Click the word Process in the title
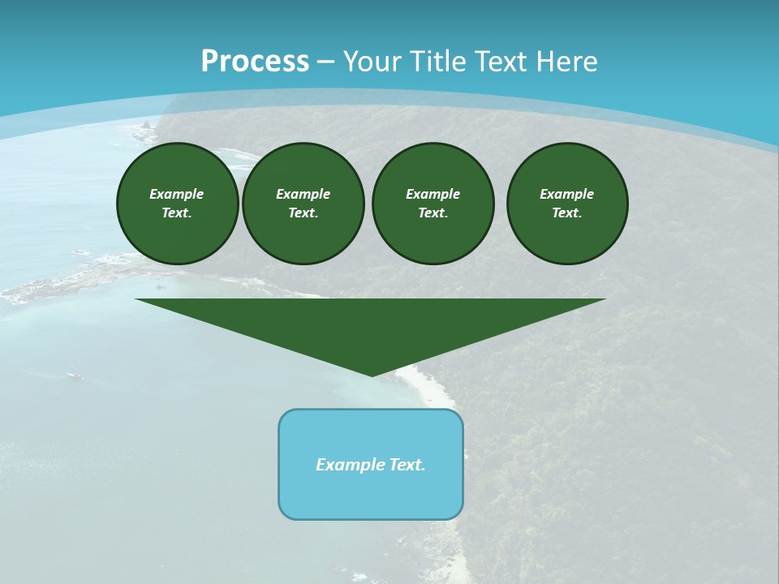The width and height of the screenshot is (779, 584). pos(255,62)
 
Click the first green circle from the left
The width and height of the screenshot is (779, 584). pos(178,204)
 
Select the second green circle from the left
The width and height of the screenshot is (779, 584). pos(303,204)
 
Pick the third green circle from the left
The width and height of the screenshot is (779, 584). pos(433,204)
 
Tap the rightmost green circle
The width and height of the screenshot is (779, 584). pos(567,204)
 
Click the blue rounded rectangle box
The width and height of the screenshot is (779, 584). pos(371,487)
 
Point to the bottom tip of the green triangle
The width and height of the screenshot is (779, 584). pos(372,375)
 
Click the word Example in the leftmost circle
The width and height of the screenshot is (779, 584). pos(177,194)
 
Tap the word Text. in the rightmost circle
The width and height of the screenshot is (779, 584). pos(567,213)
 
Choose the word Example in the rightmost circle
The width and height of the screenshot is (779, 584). pos(567,194)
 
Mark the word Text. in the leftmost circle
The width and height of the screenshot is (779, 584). pos(177,213)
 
